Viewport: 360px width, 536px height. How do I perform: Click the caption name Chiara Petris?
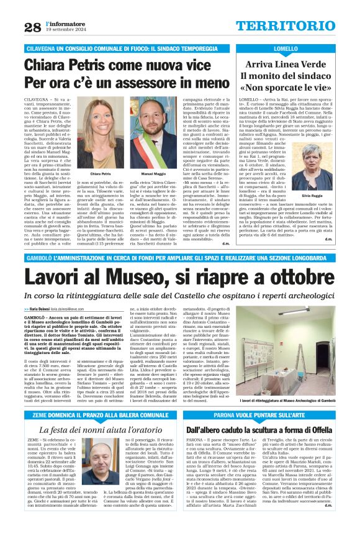[101, 174]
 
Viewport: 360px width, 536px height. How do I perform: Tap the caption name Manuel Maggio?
[153, 174]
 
